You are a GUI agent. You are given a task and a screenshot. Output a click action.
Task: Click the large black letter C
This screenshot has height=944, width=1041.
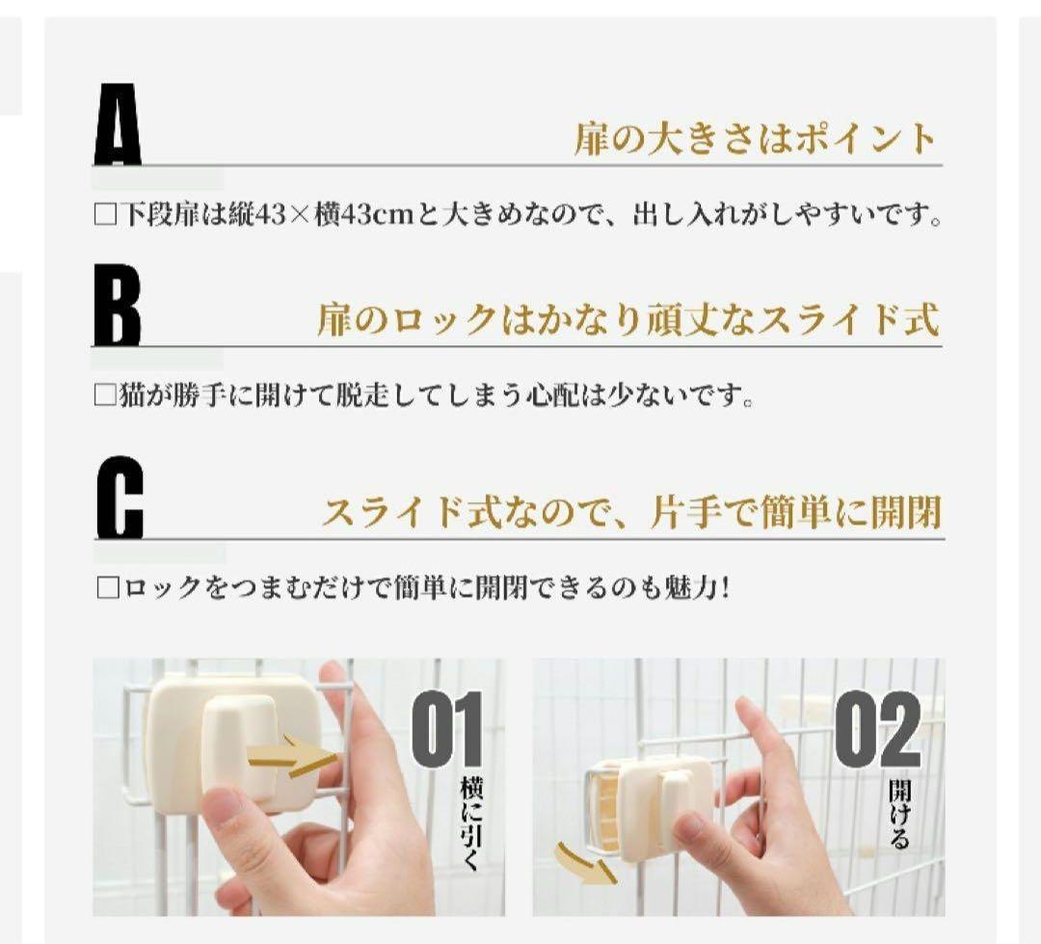(119, 500)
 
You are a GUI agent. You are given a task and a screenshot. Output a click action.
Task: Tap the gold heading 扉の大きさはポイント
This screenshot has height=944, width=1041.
(755, 140)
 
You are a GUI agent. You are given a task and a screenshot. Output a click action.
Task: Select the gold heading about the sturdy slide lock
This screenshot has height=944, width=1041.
(627, 320)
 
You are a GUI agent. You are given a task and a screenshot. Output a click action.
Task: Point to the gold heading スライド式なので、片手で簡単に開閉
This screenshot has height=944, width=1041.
(630, 511)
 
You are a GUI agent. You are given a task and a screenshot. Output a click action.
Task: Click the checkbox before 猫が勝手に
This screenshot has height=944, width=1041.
(104, 395)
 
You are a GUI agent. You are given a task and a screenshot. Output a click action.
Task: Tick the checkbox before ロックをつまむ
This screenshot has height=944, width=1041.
(106, 587)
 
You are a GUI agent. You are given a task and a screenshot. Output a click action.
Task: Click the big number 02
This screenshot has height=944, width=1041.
(878, 731)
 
